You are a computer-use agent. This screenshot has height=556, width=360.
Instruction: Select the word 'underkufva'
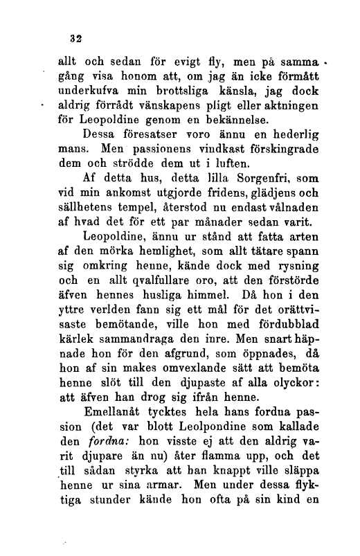[x=91, y=89]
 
